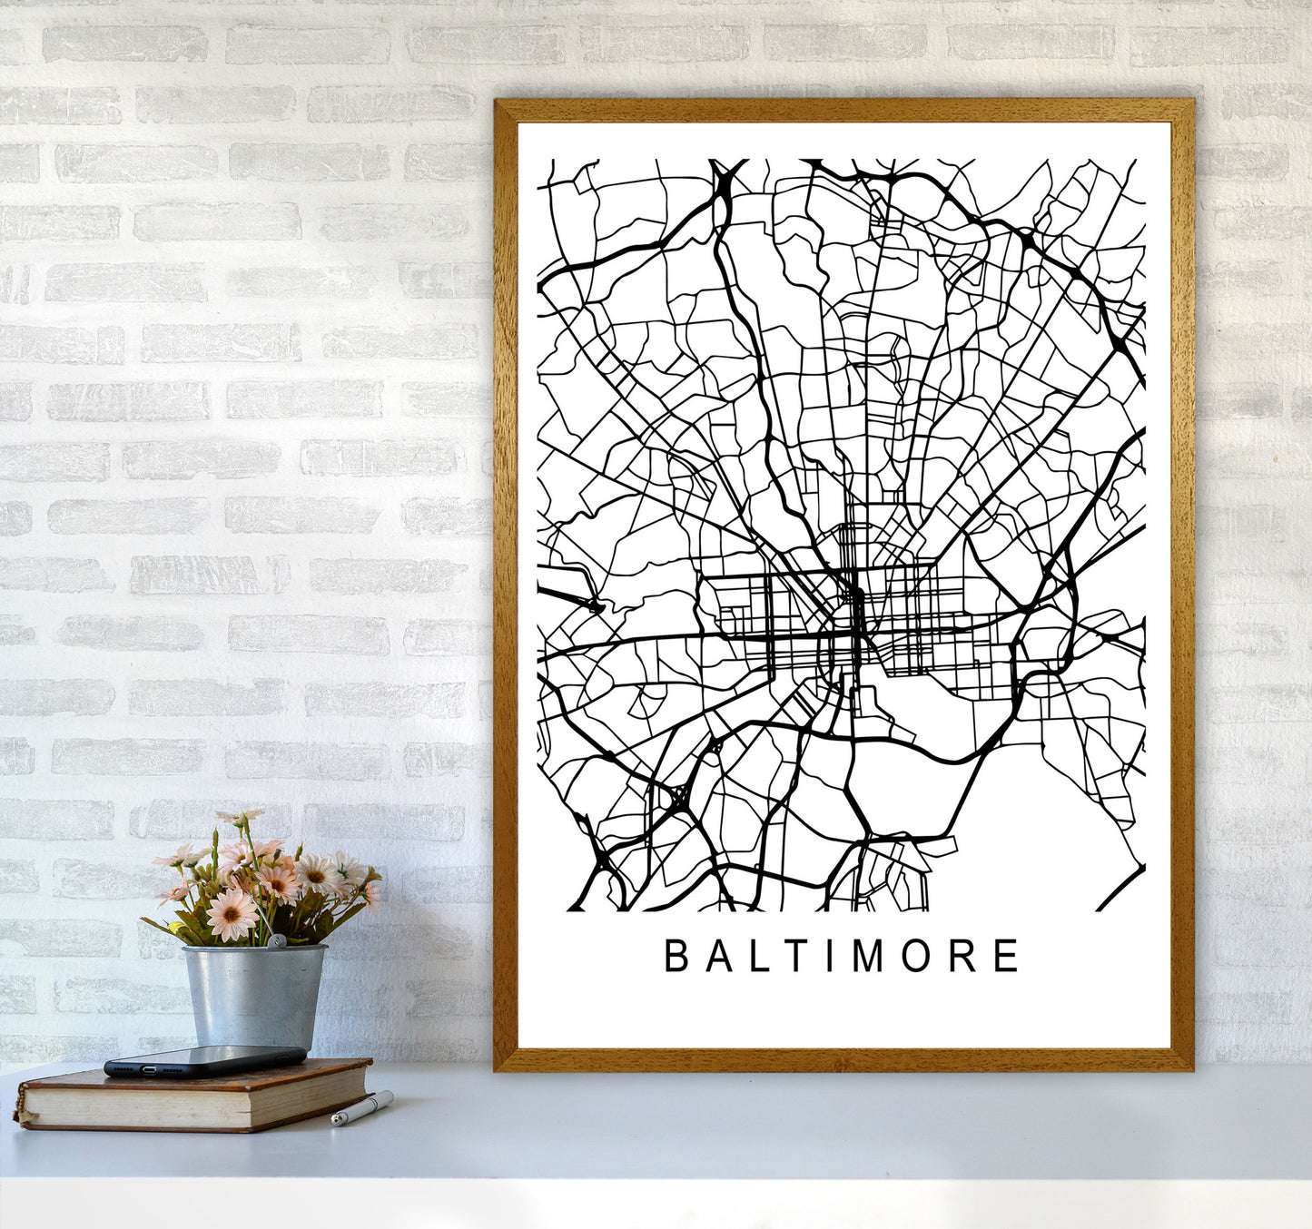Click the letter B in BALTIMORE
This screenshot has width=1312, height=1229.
676,956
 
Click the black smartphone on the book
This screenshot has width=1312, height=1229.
204,1060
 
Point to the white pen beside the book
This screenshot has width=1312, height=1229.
362,1108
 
